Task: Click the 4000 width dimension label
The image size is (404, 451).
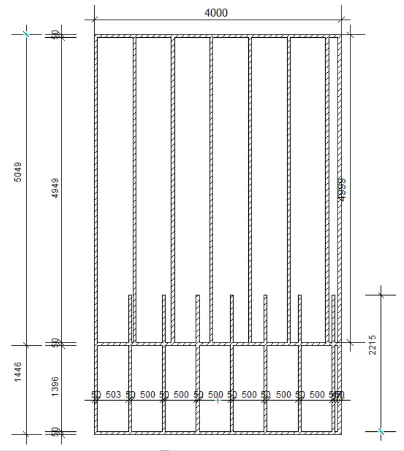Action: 216,13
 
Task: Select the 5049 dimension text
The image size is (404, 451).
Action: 19,173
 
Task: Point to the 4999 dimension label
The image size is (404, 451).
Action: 342,189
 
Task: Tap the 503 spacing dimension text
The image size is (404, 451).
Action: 113,395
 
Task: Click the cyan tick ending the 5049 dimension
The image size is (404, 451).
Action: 26,34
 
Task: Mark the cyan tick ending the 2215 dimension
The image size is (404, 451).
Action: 382,432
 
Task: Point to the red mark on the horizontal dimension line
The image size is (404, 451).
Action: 217,401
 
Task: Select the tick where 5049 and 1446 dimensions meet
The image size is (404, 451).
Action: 26,345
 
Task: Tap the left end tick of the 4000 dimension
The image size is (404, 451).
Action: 94,20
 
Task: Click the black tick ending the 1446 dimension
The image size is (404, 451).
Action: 26,434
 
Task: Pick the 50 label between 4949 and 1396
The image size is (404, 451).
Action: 55,343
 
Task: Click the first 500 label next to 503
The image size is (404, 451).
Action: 147,395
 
